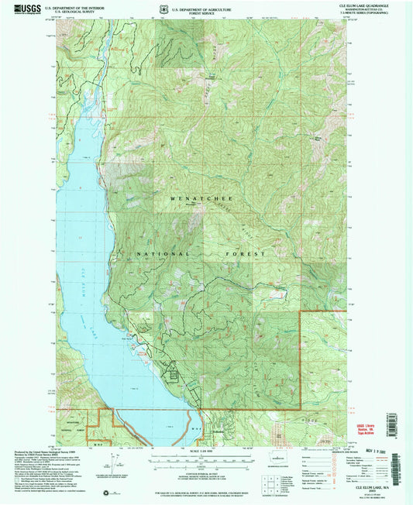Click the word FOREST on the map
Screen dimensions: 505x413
(x=248, y=253)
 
